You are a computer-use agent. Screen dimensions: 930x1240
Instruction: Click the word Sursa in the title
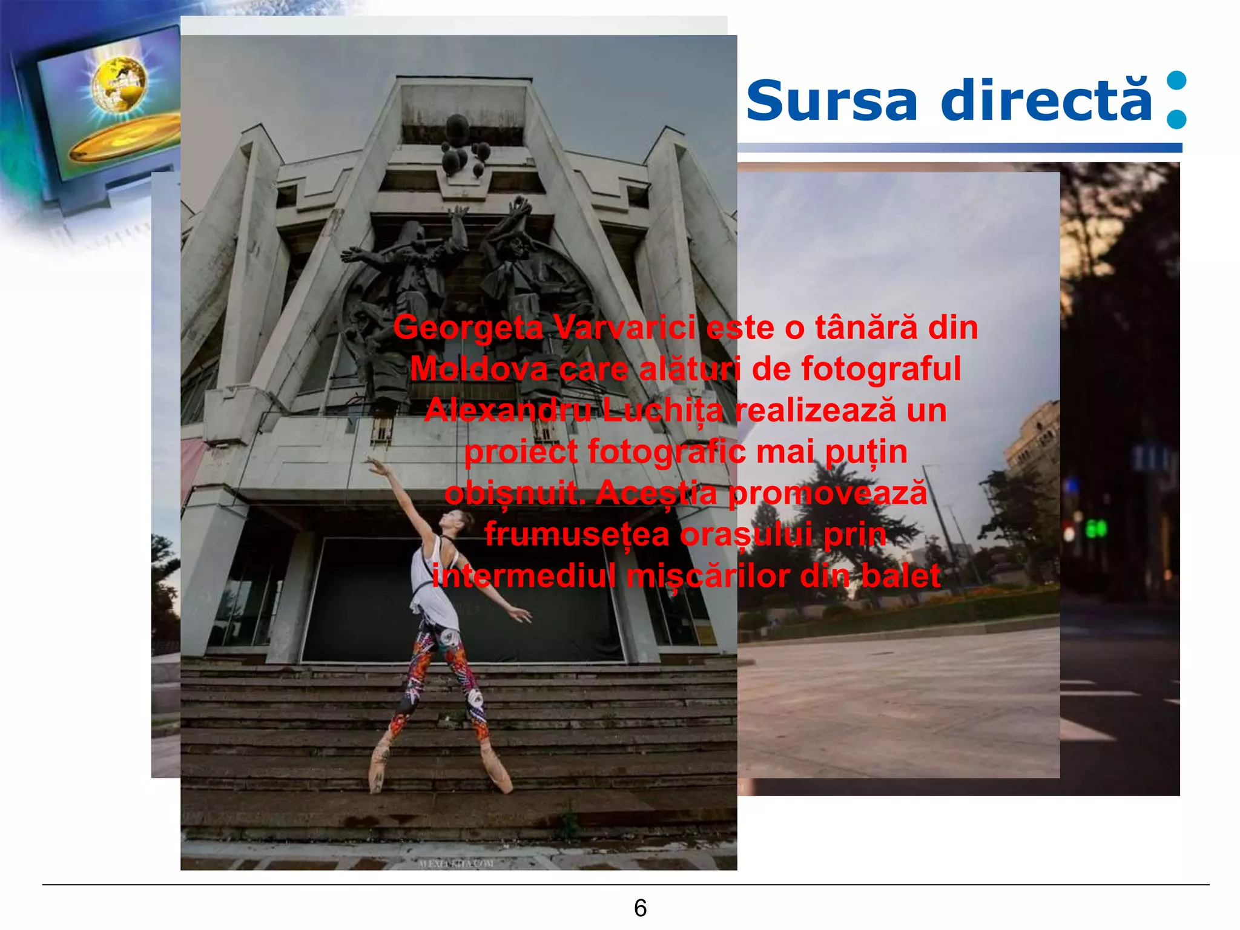832,101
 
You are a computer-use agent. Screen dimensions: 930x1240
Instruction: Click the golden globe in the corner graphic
119,84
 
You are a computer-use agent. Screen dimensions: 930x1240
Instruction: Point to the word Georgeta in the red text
468,328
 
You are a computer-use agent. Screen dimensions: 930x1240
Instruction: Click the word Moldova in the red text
478,369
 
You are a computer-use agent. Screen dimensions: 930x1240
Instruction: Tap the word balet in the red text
900,576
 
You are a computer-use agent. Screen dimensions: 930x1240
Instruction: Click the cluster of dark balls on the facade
463,148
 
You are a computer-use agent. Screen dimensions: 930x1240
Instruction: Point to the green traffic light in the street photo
1096,529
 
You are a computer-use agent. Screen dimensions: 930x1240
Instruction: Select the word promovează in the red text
827,493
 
